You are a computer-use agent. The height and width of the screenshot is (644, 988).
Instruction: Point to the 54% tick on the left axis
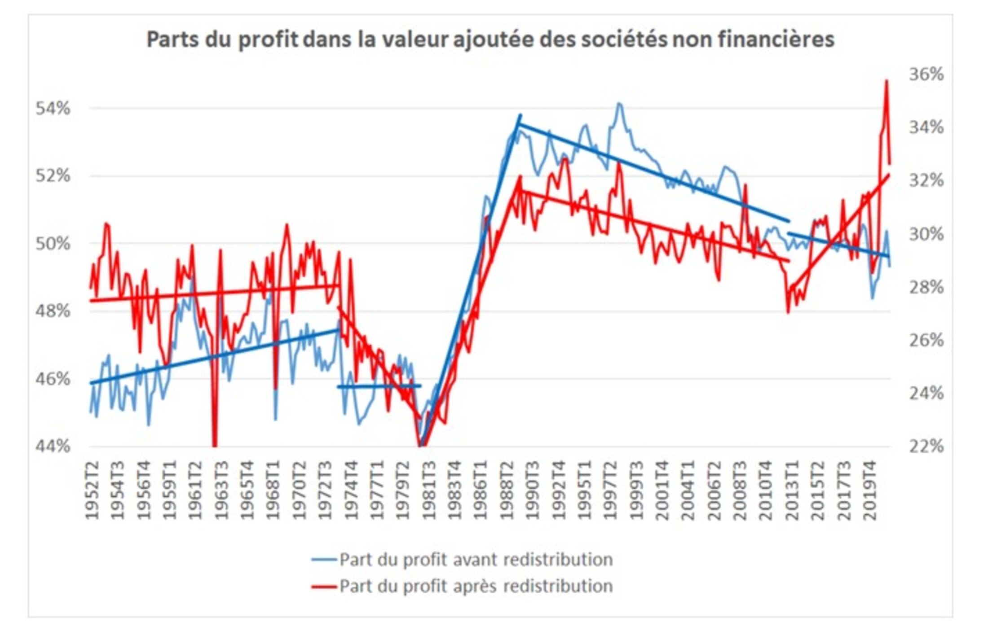(x=53, y=109)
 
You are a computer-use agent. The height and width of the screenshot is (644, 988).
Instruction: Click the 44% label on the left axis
(x=53, y=447)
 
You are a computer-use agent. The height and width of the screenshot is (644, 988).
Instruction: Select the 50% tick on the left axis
(x=53, y=244)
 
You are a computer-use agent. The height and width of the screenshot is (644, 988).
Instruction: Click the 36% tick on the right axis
(x=926, y=74)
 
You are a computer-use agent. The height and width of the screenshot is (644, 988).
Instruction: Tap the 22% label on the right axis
(x=926, y=447)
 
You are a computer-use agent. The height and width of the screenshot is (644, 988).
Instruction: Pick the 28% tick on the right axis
(x=926, y=287)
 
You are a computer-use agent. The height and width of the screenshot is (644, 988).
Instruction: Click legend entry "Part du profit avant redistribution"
(x=476, y=560)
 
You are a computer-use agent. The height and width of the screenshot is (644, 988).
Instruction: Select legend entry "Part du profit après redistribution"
(x=476, y=586)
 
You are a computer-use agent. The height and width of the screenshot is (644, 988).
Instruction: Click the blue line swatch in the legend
(x=324, y=560)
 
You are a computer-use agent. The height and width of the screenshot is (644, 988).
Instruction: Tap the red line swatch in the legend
(x=324, y=587)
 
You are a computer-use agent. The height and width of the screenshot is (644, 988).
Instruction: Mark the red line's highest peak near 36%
(x=887, y=81)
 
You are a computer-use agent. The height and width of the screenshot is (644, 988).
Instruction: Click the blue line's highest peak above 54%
(x=619, y=104)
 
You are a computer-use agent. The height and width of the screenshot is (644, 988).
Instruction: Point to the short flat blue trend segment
(x=379, y=386)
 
